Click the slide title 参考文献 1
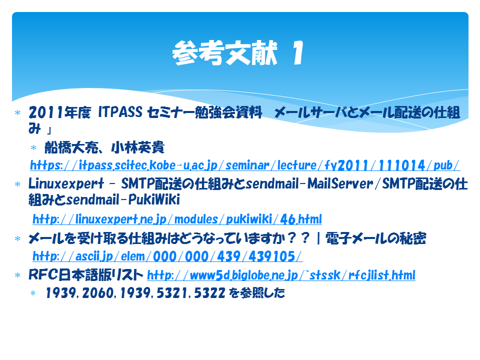(x=238, y=53)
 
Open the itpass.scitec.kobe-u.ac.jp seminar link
(x=245, y=165)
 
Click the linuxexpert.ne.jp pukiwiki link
(x=177, y=219)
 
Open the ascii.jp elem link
(x=167, y=256)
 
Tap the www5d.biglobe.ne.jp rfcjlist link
(x=281, y=275)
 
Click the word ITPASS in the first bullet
(x=120, y=112)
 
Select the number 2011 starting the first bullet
(x=46, y=112)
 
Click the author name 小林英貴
(x=138, y=147)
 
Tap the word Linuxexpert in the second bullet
(x=66, y=183)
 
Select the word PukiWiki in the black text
(x=154, y=199)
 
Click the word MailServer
(x=340, y=183)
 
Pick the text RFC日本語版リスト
(x=85, y=274)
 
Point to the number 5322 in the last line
(x=209, y=293)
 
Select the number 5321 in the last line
(x=172, y=293)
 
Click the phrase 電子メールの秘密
(x=375, y=238)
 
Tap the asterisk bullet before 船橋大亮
(x=33, y=148)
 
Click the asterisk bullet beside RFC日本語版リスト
(x=17, y=275)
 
